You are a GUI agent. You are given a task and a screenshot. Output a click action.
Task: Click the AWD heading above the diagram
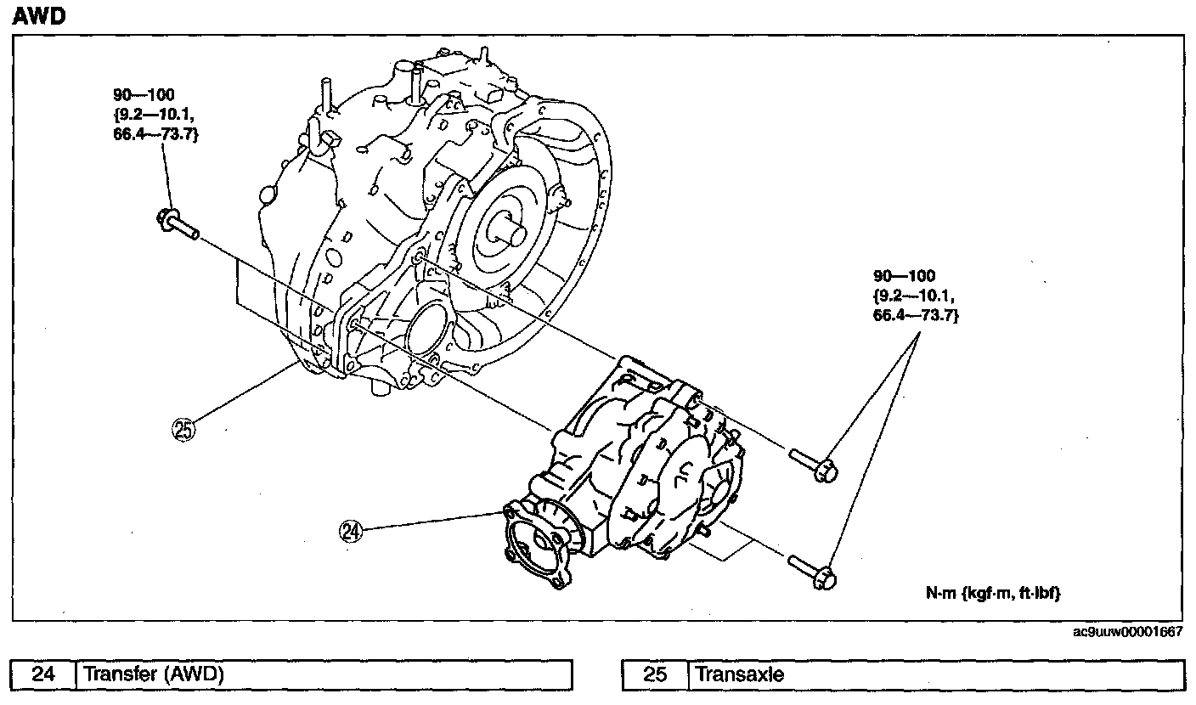pos(39,16)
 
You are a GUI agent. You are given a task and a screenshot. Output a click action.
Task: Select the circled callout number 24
pos(351,531)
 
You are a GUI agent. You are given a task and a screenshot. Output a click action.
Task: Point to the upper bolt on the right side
pos(814,465)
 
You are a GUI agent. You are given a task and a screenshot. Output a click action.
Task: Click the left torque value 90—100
pos(144,94)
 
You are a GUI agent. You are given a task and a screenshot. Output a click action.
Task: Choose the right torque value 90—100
pos(904,276)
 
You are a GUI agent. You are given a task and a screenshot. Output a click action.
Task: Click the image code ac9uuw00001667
pos(1127,632)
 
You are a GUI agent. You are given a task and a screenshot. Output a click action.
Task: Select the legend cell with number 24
pos(43,675)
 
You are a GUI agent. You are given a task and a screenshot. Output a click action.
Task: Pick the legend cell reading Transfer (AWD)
pos(324,675)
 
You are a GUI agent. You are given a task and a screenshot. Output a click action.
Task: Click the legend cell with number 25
pos(655,675)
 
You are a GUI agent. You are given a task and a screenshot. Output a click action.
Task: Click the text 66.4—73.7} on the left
pos(155,134)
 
